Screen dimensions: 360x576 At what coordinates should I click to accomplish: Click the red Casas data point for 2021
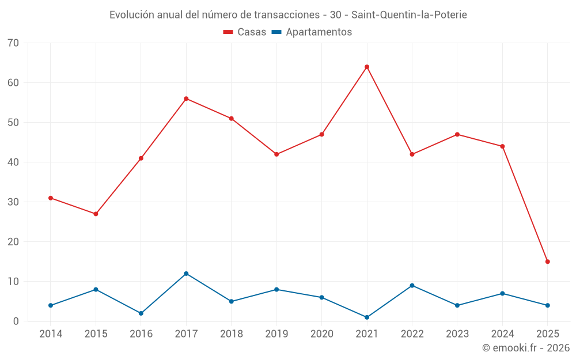[x=367, y=67]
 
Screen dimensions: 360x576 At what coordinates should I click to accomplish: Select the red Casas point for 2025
[x=547, y=262]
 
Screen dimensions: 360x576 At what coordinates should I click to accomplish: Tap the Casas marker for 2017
[x=186, y=98]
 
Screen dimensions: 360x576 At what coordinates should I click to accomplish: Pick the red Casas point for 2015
[x=96, y=214]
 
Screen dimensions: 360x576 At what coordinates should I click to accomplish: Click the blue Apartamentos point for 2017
[x=186, y=274]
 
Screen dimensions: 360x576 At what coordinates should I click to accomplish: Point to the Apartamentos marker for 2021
[x=367, y=317]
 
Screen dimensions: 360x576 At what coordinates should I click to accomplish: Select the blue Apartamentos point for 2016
[x=141, y=313]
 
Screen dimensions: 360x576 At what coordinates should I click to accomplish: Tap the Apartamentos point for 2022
[x=412, y=286]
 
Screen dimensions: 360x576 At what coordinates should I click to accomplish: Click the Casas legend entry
[x=245, y=32]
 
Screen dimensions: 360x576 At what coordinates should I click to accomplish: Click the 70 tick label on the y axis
[x=13, y=43]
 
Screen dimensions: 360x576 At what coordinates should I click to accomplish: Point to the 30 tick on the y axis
[x=13, y=202]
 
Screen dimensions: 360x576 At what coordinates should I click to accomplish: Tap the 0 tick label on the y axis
[x=16, y=321]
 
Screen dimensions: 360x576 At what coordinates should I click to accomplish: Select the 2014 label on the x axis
[x=51, y=334]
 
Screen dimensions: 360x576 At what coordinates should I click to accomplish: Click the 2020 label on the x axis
[x=321, y=334]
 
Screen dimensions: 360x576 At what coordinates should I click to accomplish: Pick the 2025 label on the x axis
[x=547, y=334]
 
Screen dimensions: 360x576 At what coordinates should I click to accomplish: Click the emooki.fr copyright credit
[x=525, y=348]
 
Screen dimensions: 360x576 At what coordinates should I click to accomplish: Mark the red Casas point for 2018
[x=232, y=119]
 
